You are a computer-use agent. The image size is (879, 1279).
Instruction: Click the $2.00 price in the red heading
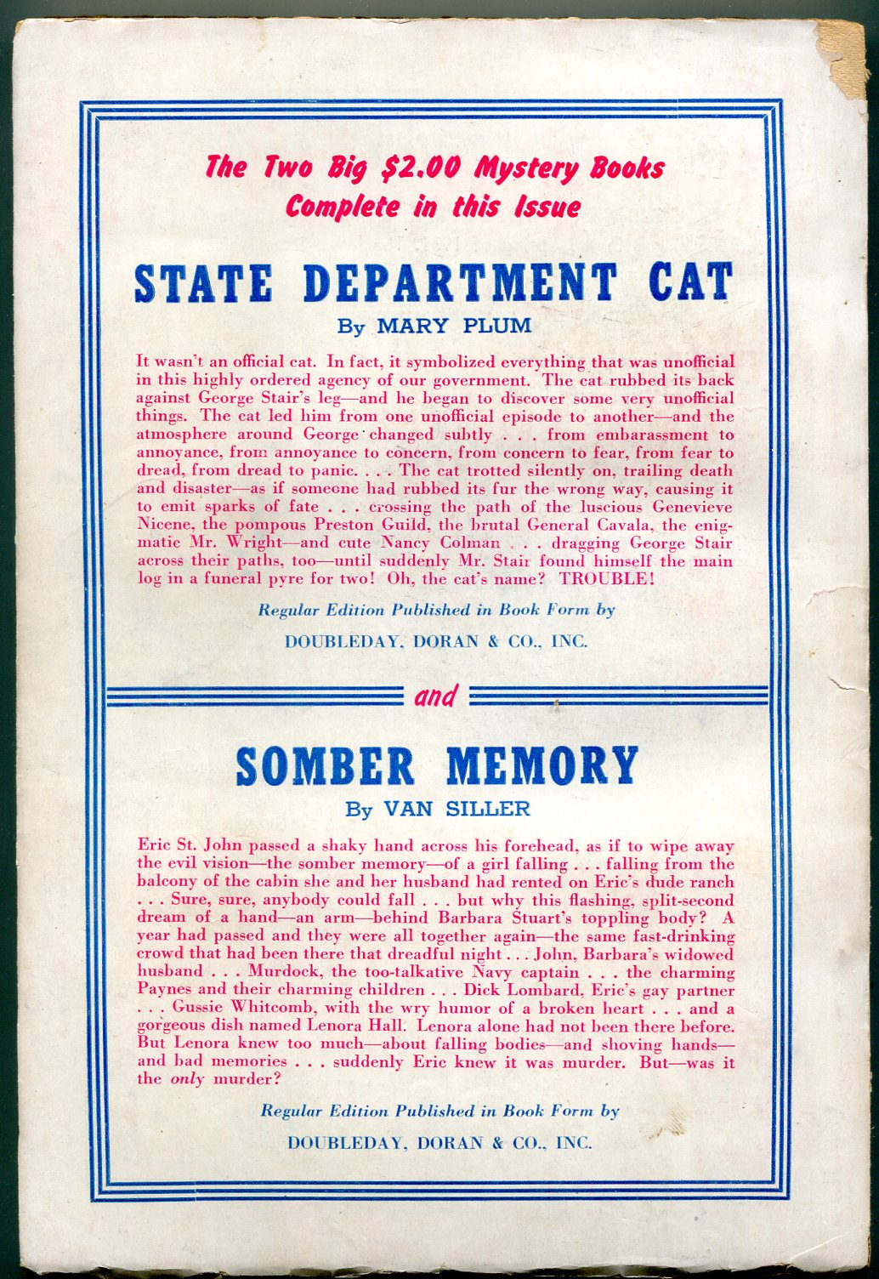coord(419,168)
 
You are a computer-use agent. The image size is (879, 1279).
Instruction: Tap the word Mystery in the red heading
coord(525,168)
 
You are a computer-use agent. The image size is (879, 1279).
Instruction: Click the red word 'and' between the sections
coord(435,697)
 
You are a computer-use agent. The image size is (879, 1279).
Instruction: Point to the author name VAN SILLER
coord(457,809)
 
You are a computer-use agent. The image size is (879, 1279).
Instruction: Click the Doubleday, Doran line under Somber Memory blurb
coord(439,1143)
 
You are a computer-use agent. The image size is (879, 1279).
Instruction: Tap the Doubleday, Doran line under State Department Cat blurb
coord(435,642)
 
